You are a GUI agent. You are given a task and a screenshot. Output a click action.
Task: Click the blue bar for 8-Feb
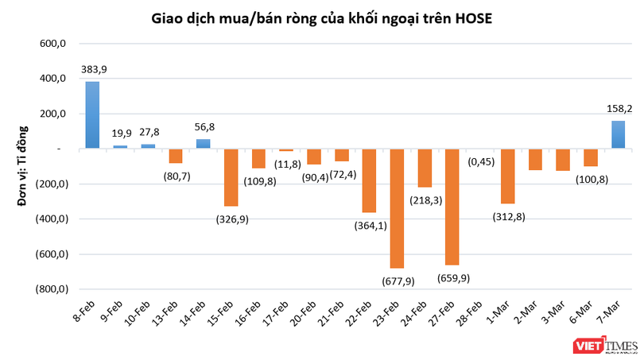point(92,115)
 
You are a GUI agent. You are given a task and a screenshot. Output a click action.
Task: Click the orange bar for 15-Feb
point(231,177)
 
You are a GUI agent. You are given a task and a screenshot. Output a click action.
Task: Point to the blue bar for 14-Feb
point(203,144)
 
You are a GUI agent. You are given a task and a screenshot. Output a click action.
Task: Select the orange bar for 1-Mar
point(507,176)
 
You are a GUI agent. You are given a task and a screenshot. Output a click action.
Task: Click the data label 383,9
point(93,70)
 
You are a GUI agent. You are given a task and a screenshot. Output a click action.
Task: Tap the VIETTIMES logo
point(605,345)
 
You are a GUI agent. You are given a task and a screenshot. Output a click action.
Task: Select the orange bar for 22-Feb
point(369,180)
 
